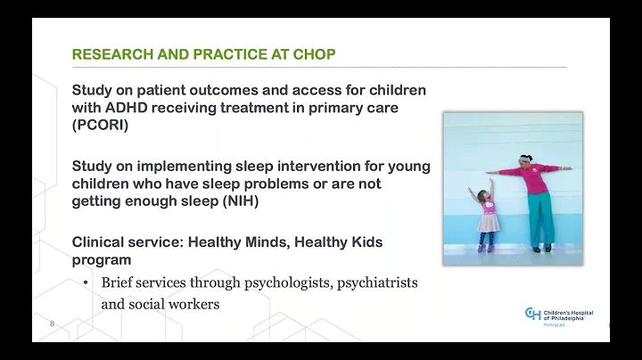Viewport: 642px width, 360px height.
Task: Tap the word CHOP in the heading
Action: pos(316,55)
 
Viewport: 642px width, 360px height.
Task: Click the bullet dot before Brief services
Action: pos(85,283)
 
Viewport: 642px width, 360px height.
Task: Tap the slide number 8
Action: pos(52,324)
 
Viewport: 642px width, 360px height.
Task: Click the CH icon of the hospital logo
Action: pos(532,313)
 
